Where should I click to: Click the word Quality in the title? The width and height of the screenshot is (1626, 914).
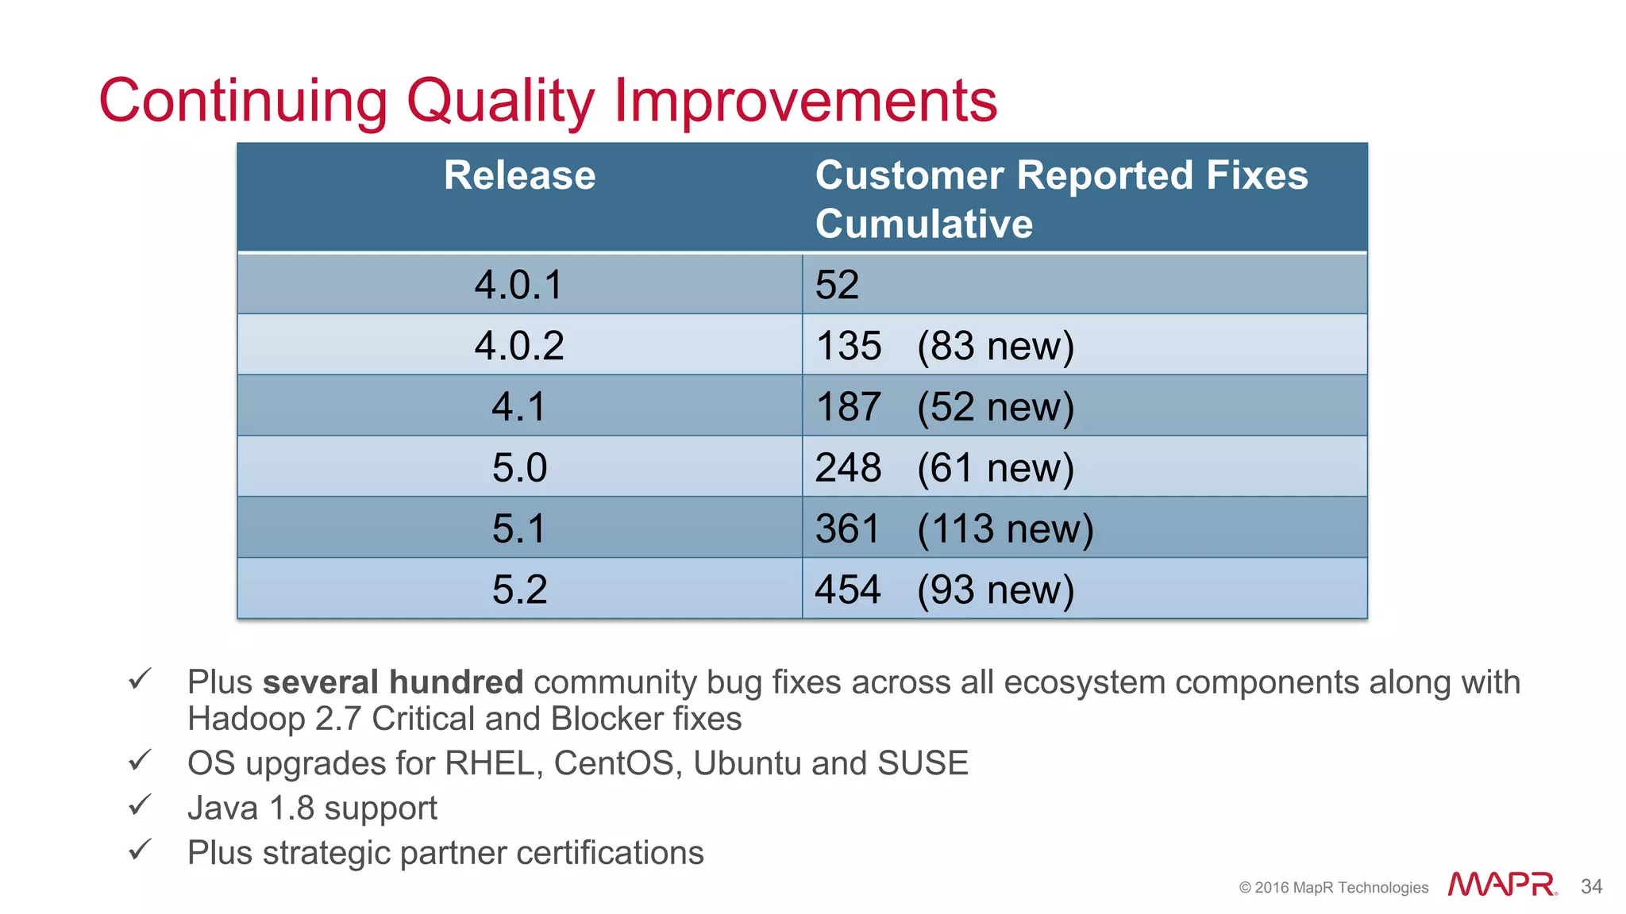click(500, 102)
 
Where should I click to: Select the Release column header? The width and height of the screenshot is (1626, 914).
click(519, 175)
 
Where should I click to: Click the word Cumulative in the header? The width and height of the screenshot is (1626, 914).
click(923, 224)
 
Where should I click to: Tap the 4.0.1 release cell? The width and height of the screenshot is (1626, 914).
click(519, 285)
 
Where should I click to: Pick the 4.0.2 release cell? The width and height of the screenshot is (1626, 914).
click(519, 346)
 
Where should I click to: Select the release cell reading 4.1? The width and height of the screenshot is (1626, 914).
click(519, 407)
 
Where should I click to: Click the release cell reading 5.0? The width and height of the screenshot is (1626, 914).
click(519, 468)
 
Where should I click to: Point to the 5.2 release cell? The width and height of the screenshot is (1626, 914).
click(519, 589)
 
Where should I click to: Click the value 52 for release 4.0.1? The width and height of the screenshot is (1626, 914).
click(837, 285)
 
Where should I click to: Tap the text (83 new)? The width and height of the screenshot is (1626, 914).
click(996, 347)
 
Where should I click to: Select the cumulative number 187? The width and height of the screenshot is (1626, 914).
click(848, 407)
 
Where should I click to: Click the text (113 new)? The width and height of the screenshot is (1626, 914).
click(1005, 529)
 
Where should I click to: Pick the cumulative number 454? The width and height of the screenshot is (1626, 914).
click(848, 589)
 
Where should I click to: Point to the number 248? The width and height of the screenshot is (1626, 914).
click(848, 468)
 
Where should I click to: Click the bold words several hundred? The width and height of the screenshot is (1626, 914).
click(393, 682)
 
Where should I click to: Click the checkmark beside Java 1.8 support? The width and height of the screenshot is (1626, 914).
click(139, 805)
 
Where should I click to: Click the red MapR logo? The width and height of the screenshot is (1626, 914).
click(1501, 885)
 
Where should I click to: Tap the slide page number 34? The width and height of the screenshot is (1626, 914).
click(1591, 886)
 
